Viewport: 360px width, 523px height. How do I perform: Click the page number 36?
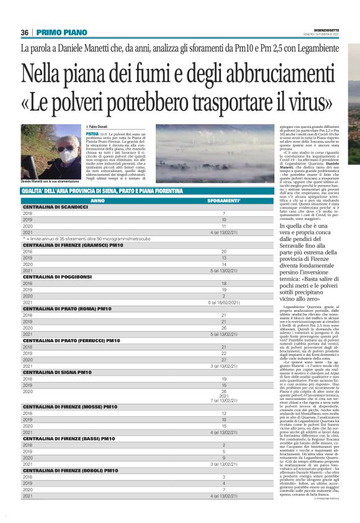[x=25, y=33]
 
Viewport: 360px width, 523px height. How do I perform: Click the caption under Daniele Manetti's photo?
[x=52, y=180]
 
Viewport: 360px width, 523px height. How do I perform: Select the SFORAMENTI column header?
[x=223, y=201]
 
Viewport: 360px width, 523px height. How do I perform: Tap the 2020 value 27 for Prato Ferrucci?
[x=223, y=360]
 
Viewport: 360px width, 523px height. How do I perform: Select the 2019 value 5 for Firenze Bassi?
[x=223, y=452]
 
